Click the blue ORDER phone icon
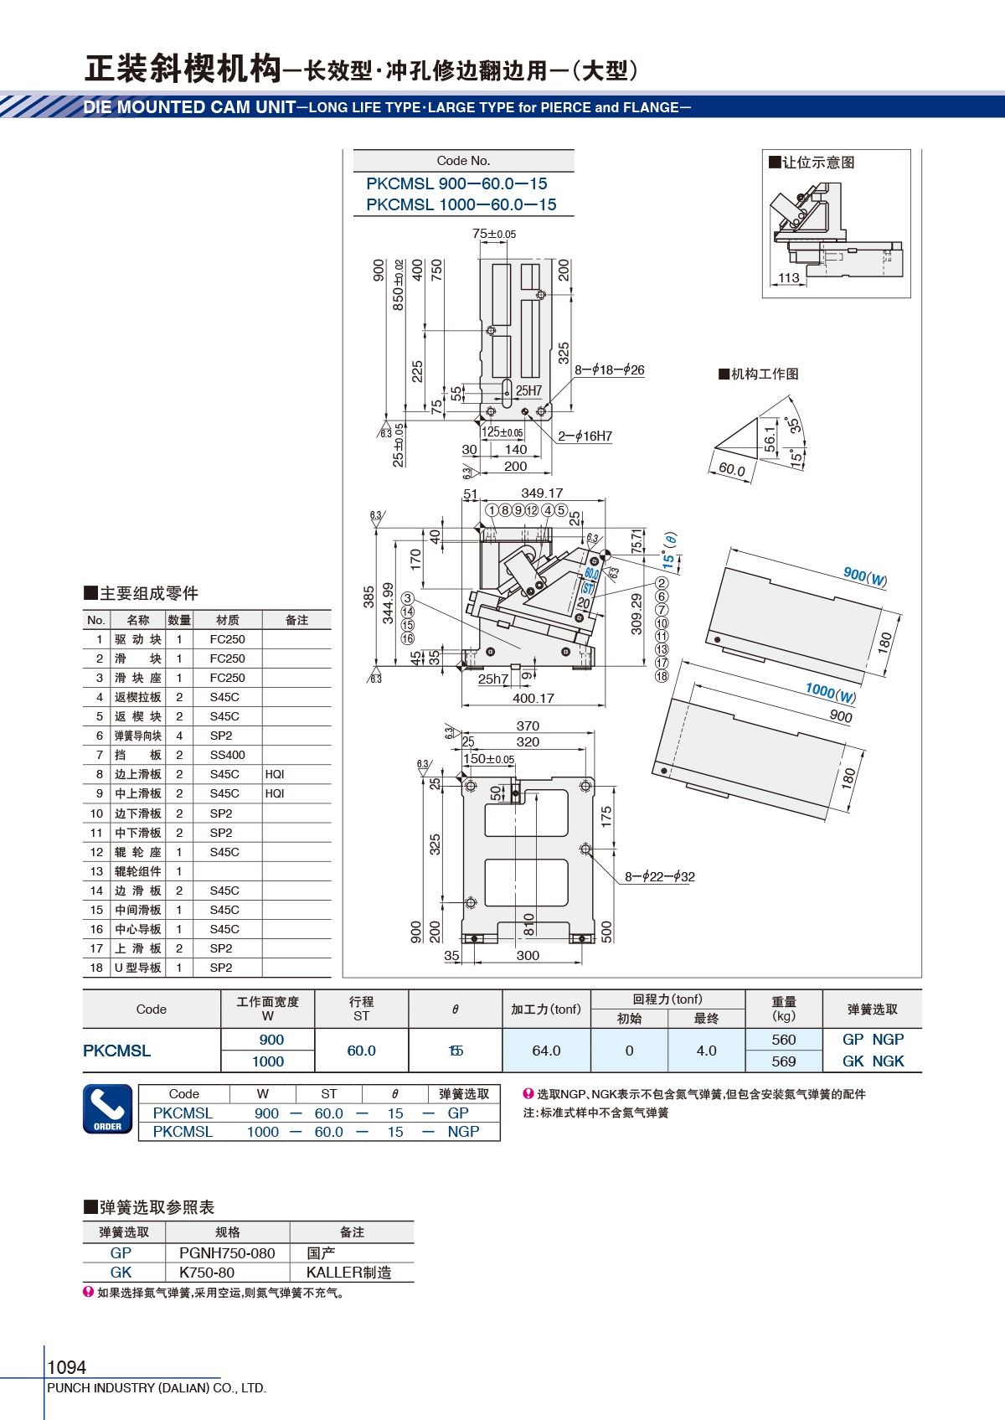click(108, 1108)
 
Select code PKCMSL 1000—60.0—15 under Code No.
click(461, 204)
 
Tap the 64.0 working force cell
click(546, 1051)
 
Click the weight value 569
click(784, 1061)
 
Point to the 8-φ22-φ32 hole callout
click(660, 877)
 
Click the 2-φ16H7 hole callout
click(585, 436)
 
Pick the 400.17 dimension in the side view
click(533, 698)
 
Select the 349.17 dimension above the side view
click(542, 493)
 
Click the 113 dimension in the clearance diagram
click(789, 277)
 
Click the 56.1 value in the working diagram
click(770, 439)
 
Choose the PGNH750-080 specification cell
click(227, 1253)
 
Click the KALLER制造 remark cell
click(348, 1273)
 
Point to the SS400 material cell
click(228, 755)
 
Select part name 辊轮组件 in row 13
click(138, 871)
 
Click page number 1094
click(66, 1366)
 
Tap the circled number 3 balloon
click(408, 598)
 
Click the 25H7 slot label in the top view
click(528, 390)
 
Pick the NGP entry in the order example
click(463, 1132)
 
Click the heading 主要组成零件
click(142, 593)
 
